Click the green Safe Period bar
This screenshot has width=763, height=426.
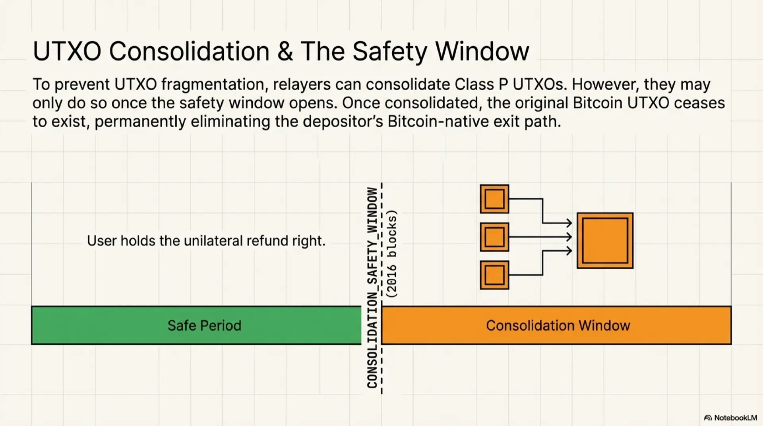click(196, 325)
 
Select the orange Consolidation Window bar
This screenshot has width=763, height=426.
click(556, 325)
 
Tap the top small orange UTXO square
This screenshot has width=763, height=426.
click(494, 199)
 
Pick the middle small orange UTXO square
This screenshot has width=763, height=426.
click(494, 237)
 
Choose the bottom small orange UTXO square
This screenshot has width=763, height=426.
click(494, 275)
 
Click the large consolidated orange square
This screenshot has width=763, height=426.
click(605, 241)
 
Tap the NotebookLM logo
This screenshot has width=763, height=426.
click(730, 418)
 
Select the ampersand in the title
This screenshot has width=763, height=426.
click(285, 51)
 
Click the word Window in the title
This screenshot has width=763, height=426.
click(482, 51)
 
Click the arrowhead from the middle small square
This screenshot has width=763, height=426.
click(569, 237)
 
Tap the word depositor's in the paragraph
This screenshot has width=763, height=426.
click(343, 122)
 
